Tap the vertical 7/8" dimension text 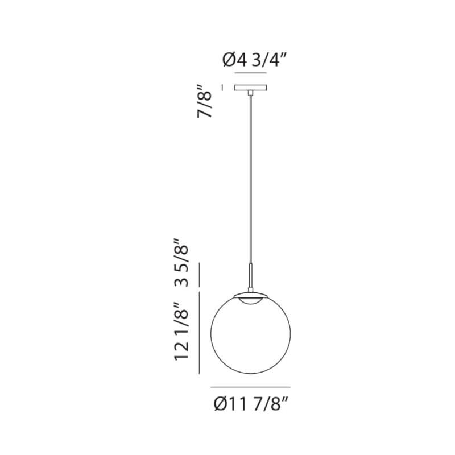point(205,101)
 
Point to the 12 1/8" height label point(180,331)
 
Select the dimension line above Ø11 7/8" point(250,387)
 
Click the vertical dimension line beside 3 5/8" point(198,275)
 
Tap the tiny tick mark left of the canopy point(222,87)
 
